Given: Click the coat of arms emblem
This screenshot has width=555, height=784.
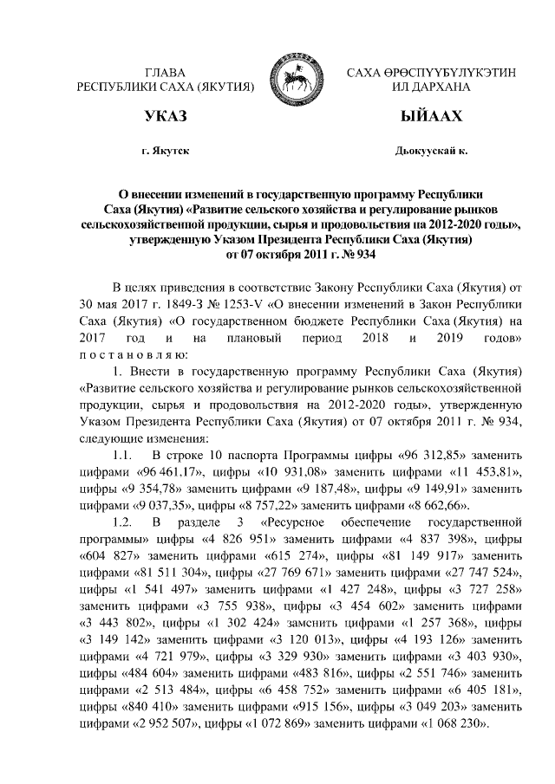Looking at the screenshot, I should [290, 78].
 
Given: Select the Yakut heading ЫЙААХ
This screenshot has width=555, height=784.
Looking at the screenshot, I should [431, 117].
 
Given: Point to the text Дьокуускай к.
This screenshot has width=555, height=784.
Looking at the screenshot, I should [431, 152].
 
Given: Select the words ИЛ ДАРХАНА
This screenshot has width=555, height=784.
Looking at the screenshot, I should [431, 87].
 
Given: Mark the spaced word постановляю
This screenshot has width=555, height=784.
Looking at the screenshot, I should [128, 355].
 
